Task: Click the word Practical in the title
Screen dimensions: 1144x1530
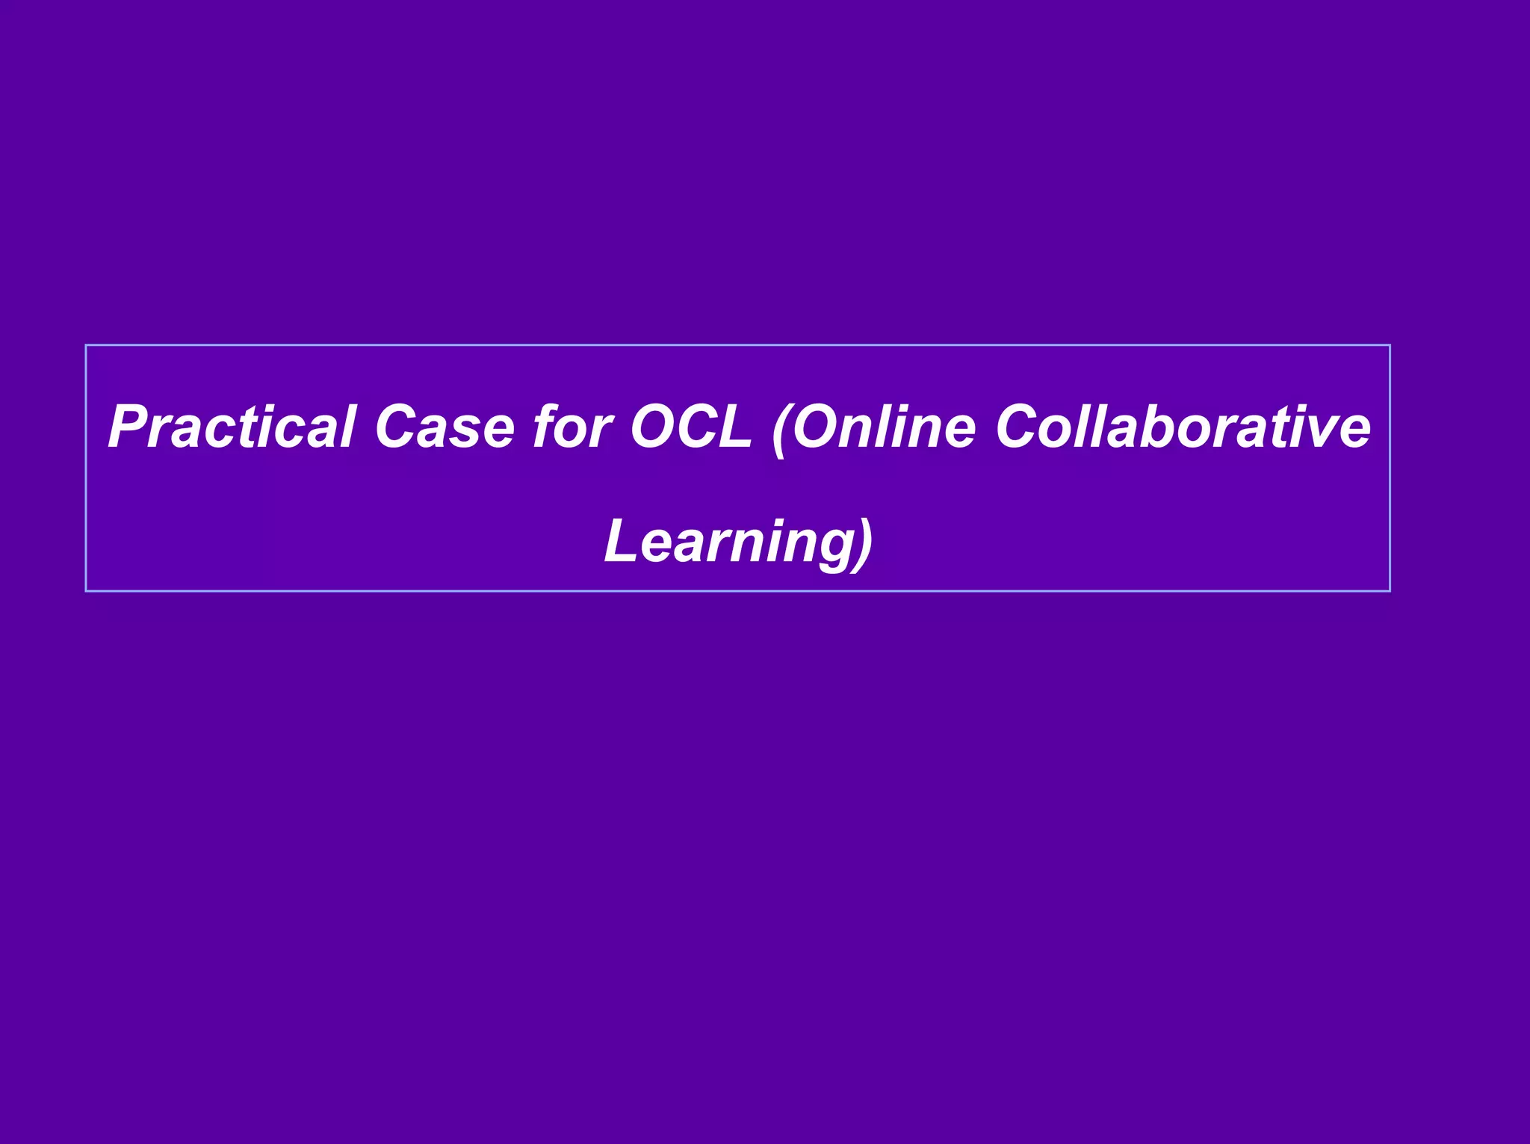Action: [231, 427]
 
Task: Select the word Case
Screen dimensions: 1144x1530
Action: [445, 427]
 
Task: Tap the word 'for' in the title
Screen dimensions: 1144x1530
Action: [572, 427]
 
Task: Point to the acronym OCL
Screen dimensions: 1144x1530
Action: [690, 427]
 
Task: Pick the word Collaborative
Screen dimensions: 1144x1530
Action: [1183, 427]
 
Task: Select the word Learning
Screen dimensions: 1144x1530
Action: [728, 542]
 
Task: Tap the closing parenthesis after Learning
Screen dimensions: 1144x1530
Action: [864, 543]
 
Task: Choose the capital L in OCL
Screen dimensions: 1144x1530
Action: [735, 427]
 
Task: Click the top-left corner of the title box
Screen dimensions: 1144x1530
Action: [87, 346]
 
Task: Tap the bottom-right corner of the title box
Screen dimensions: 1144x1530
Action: [1390, 590]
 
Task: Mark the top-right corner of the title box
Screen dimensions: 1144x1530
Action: [1390, 346]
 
